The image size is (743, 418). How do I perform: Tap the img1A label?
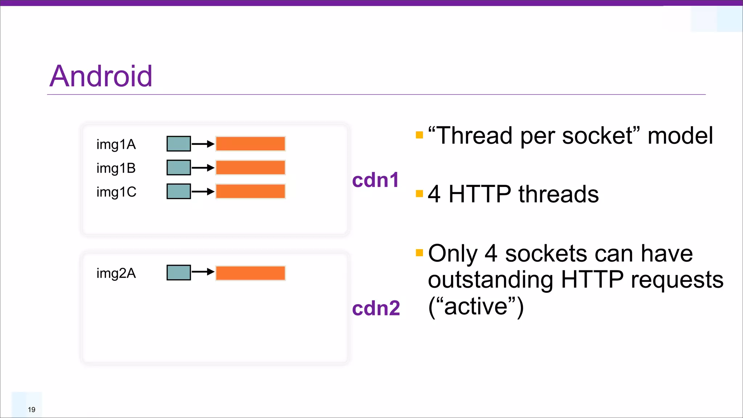pyautogui.click(x=116, y=144)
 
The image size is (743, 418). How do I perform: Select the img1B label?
pyautogui.click(x=116, y=168)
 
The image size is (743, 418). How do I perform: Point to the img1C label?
pyautogui.click(x=116, y=192)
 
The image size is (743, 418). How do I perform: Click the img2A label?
pyautogui.click(x=116, y=273)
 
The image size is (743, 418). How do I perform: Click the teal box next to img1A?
pyautogui.click(x=178, y=144)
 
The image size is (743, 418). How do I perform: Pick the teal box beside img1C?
pyautogui.click(x=178, y=191)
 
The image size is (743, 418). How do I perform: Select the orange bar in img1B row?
pyautogui.click(x=250, y=168)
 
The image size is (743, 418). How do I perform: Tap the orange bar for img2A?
pyautogui.click(x=250, y=273)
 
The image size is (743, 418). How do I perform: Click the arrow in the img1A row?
pyautogui.click(x=203, y=144)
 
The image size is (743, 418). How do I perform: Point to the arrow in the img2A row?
pyautogui.click(x=203, y=272)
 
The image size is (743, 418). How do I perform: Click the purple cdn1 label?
pyautogui.click(x=375, y=180)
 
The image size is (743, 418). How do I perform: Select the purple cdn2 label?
pyautogui.click(x=376, y=308)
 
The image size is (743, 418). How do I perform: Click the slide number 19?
pyautogui.click(x=32, y=410)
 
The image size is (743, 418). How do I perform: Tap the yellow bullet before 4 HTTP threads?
pyautogui.click(x=419, y=193)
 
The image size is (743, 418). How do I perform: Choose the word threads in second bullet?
pyautogui.click(x=559, y=194)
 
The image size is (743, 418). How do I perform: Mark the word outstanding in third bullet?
pyautogui.click(x=490, y=280)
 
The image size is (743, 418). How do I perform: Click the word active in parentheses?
pyautogui.click(x=476, y=307)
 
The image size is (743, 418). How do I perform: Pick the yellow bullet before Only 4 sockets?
pyautogui.click(x=419, y=253)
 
